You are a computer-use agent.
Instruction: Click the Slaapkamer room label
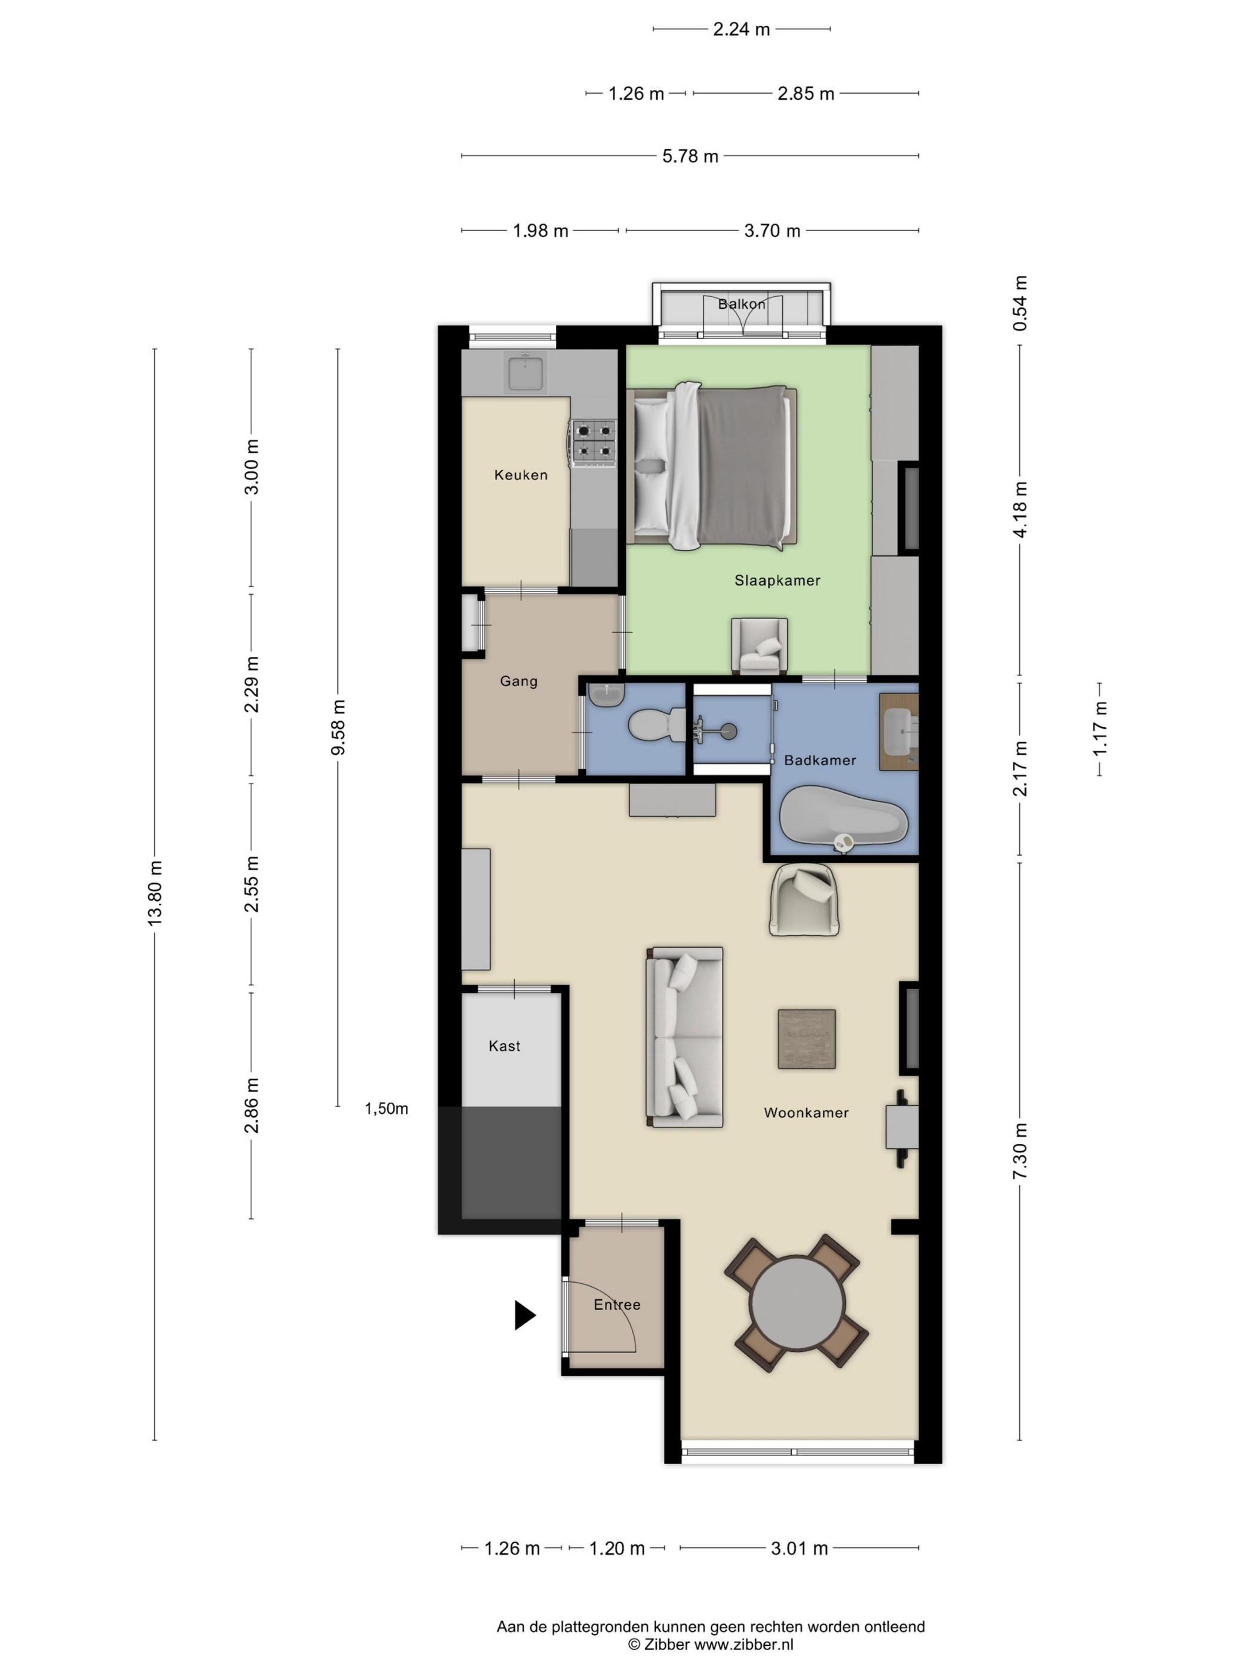[777, 580]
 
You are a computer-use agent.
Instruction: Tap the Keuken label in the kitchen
[521, 475]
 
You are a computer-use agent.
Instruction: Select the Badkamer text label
[820, 760]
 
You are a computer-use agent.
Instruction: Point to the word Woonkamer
[806, 1112]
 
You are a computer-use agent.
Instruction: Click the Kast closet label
[504, 1046]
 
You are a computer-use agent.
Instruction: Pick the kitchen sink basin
[525, 373]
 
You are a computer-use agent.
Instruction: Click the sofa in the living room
[684, 1037]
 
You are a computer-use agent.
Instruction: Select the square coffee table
[807, 1040]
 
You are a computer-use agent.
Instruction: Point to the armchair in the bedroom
[760, 646]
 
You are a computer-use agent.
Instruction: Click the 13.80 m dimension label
[155, 893]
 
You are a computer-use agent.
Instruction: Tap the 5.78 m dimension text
[690, 156]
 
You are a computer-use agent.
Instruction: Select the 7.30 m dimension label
[1020, 1151]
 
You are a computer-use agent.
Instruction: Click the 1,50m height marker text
[386, 1109]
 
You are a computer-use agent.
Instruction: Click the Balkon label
[742, 304]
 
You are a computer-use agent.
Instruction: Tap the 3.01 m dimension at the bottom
[799, 1549]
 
